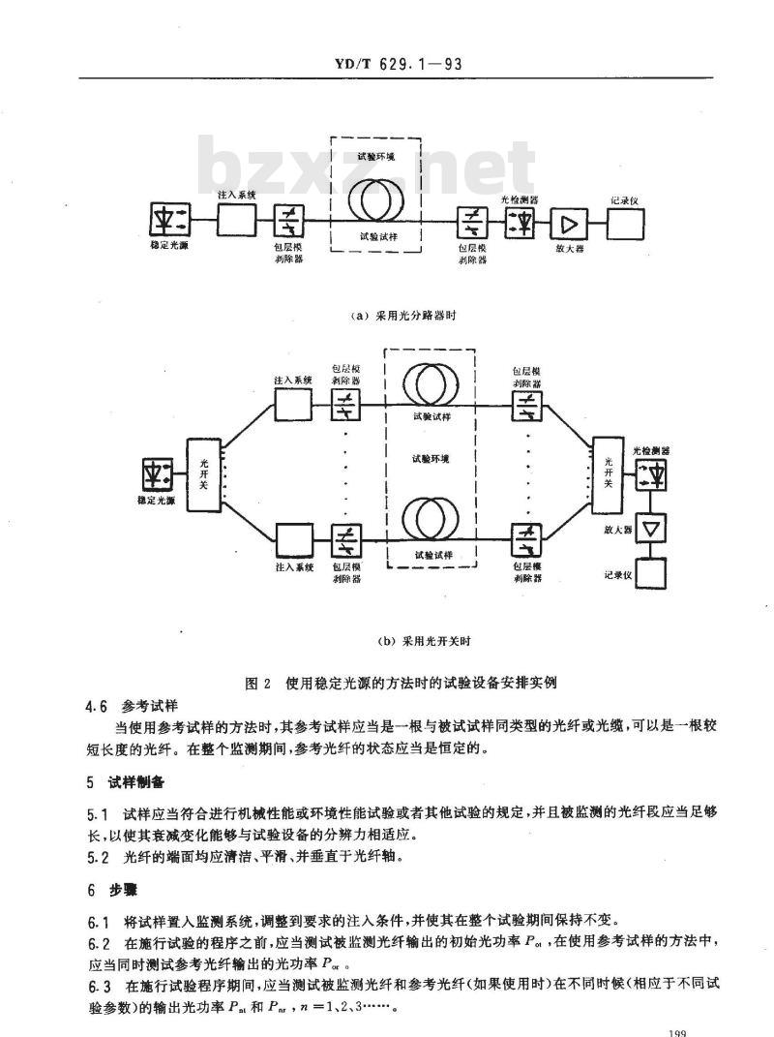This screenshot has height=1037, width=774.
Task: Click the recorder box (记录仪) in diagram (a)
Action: coord(624,225)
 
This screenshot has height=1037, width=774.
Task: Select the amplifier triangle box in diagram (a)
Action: coord(568,225)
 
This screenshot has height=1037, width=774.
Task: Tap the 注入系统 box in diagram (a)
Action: coord(235,223)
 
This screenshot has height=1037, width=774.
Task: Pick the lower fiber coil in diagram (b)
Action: coord(432,518)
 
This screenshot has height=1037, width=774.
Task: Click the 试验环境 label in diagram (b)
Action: coord(432,458)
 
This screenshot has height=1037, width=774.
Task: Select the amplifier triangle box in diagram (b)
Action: coord(649,530)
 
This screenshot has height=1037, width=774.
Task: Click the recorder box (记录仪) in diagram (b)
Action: coord(649,573)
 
